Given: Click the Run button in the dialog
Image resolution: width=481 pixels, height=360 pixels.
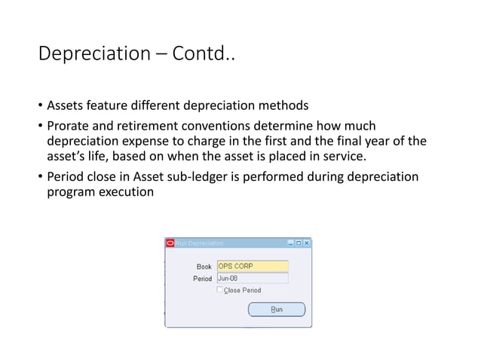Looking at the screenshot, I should tap(277, 310).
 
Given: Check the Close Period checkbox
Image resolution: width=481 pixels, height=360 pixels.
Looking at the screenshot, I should tap(220, 290).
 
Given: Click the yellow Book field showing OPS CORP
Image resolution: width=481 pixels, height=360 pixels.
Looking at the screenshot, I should tap(252, 266).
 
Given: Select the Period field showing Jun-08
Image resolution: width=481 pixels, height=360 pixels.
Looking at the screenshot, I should tap(252, 278).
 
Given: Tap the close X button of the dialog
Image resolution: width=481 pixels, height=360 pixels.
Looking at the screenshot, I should tap(306, 243).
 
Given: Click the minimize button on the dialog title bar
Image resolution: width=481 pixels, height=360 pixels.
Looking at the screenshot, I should tap(290, 243).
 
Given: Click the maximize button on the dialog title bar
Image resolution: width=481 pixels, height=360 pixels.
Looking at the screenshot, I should tap(299, 243).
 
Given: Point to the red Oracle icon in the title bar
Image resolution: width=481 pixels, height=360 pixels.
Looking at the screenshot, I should tap(170, 243).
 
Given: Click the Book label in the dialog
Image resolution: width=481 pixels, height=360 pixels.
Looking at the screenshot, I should tap(204, 267).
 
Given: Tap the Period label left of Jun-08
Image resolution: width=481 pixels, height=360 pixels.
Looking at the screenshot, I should tap(202, 279).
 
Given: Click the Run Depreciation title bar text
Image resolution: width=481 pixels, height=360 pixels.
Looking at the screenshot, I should tap(200, 243).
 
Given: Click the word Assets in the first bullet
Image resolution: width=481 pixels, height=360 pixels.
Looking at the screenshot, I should tap(66, 105).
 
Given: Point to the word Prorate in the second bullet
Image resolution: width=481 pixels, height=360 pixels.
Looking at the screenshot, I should tap(69, 125).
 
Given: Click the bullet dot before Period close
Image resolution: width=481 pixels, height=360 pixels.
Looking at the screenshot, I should tap(40, 177).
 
